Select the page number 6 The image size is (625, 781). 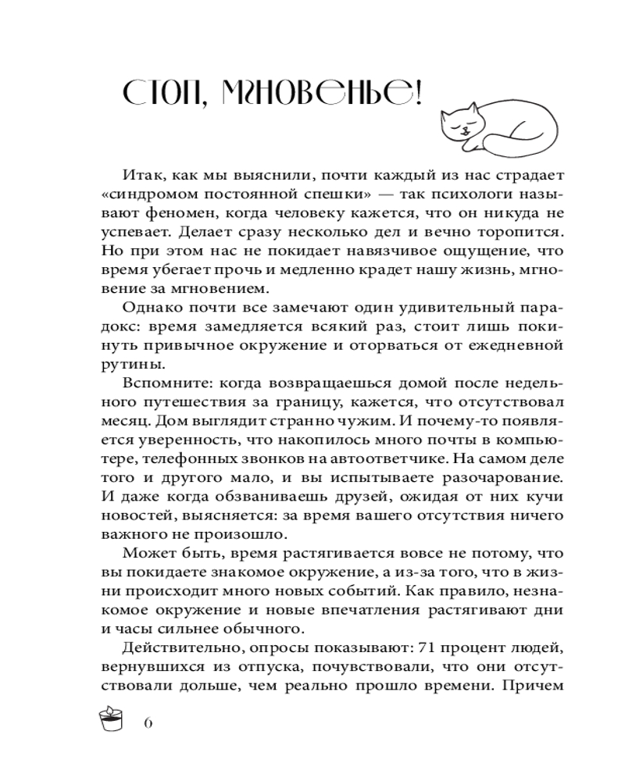coord(148,722)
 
